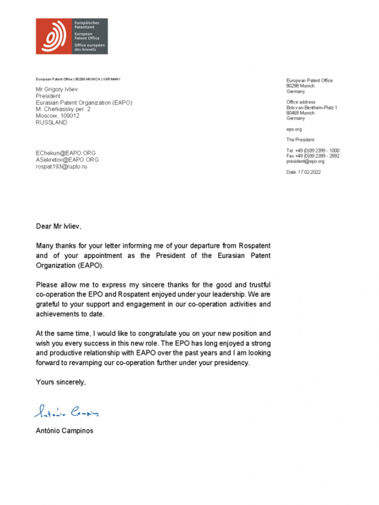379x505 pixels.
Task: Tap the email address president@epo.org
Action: pos(305,161)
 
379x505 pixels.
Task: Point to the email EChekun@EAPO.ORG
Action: pos(66,153)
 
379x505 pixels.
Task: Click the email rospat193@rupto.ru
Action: pos(61,167)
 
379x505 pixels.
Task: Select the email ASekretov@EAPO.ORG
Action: pos(67,160)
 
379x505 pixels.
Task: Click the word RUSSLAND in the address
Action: pos(51,122)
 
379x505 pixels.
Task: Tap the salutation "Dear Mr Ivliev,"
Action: pos(59,226)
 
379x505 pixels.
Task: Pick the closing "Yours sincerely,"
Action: pos(61,382)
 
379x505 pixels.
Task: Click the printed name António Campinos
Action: pos(64,431)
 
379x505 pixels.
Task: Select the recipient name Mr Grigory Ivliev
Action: pos(60,90)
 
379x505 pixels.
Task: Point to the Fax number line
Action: pos(313,156)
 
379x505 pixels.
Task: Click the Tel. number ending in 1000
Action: pos(313,150)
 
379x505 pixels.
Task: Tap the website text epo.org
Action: pos(294,129)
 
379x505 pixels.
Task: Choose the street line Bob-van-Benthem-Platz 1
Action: pos(312,108)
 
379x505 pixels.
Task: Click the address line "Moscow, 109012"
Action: pos(57,116)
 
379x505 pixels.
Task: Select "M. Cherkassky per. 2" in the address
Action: pos(63,109)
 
